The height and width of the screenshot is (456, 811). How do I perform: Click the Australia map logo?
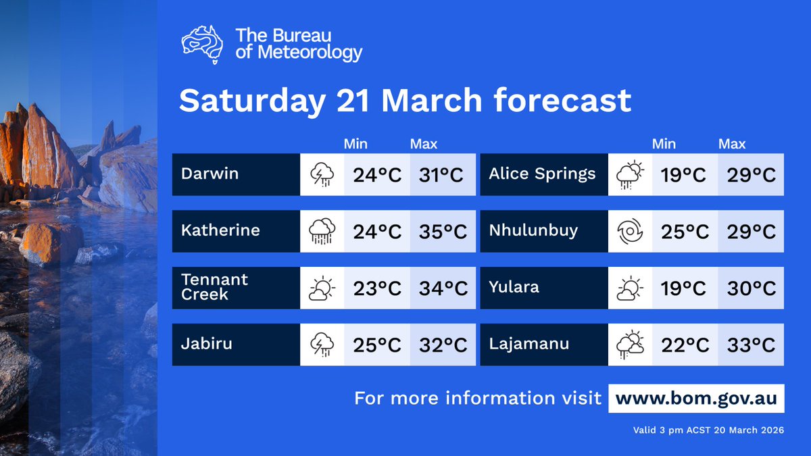202,44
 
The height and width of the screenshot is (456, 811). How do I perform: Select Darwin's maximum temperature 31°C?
442,175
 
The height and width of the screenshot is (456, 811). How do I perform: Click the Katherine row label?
220,230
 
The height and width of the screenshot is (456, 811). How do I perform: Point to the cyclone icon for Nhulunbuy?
630,232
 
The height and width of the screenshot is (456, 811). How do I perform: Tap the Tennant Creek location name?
214,287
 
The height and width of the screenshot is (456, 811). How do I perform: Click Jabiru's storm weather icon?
322,345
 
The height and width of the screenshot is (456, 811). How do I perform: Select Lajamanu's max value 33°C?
751,345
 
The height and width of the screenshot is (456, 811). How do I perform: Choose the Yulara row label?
514,287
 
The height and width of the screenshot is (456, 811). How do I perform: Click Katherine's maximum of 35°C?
442,232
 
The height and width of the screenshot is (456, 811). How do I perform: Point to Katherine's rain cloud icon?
322,232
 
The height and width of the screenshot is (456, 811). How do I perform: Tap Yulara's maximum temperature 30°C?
751,288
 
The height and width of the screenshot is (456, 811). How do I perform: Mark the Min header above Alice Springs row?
664,144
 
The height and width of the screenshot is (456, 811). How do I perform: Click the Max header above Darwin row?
424,144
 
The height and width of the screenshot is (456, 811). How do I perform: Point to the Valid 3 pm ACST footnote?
708,430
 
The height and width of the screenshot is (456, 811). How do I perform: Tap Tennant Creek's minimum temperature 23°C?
377,288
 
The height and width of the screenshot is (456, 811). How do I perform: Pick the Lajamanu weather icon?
630,345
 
